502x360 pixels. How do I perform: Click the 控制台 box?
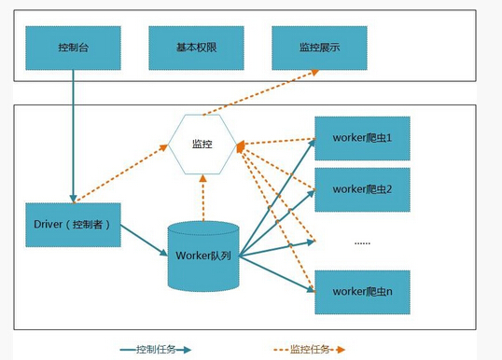(x=73, y=47)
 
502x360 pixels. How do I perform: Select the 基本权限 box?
(x=196, y=47)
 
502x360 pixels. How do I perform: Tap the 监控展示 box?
(x=319, y=47)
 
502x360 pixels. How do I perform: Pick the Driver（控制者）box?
(x=73, y=225)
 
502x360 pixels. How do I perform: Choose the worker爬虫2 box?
(x=362, y=189)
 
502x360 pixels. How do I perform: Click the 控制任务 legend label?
(x=155, y=350)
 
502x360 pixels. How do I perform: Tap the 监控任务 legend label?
(x=309, y=350)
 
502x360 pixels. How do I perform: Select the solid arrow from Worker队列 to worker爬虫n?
(x=275, y=273)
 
